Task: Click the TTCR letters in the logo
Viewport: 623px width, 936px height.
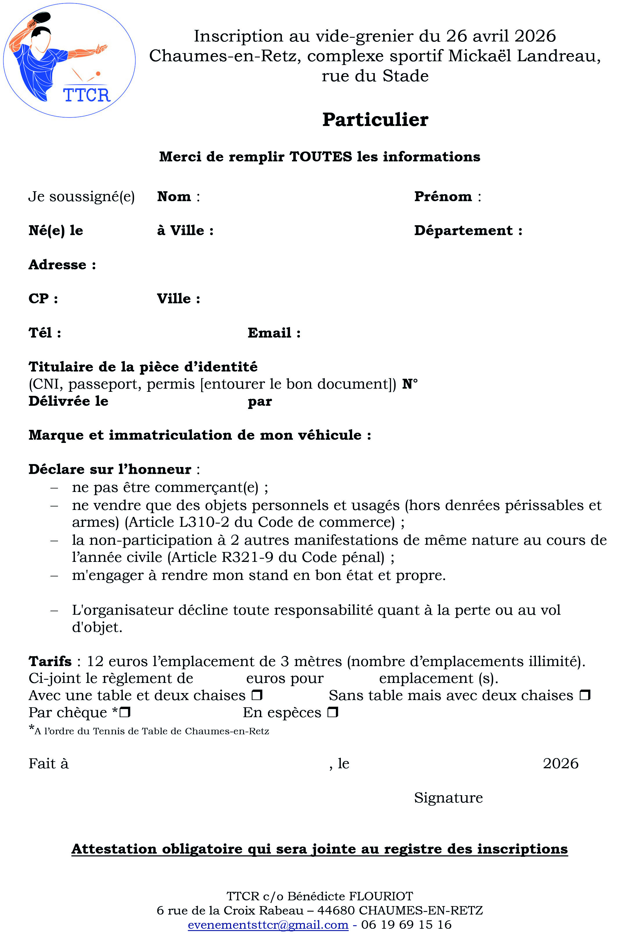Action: (x=86, y=95)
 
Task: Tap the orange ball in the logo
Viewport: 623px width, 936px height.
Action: (x=98, y=73)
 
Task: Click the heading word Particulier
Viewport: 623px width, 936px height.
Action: (x=375, y=120)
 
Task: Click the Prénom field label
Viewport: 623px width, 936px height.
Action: (x=443, y=196)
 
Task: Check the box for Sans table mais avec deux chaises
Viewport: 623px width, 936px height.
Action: (x=585, y=695)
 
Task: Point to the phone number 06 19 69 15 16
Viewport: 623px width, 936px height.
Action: (x=406, y=924)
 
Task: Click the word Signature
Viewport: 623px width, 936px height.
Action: (x=448, y=797)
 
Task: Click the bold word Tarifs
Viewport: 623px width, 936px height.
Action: (x=50, y=661)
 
